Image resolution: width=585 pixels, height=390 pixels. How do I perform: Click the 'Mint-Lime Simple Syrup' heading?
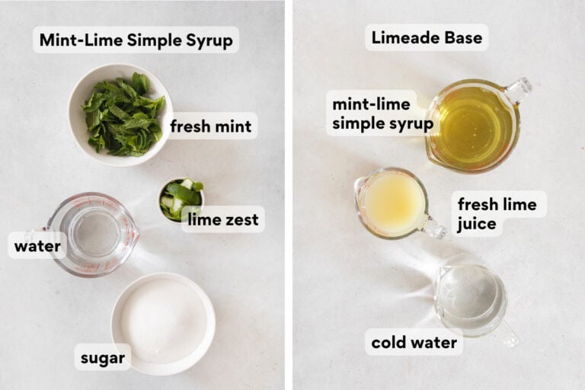click(136, 40)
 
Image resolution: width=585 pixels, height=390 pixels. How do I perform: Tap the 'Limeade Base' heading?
click(426, 37)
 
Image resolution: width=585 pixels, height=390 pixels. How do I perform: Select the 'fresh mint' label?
click(210, 126)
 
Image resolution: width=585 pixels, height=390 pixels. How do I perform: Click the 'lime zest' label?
click(223, 220)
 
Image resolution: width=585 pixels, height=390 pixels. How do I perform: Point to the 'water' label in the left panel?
click(37, 245)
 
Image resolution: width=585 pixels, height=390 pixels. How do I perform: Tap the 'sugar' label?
click(102, 357)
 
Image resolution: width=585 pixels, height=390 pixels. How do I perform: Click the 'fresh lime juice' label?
click(497, 214)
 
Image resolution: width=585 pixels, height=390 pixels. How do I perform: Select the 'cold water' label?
click(414, 343)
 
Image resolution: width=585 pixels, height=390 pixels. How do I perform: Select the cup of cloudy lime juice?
click(392, 203)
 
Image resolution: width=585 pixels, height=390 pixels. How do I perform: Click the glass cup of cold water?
click(469, 297)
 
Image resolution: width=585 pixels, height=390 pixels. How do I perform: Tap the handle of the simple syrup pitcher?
click(519, 89)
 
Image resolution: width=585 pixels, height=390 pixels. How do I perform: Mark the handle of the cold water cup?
click(506, 334)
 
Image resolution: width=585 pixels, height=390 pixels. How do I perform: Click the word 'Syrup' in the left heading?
click(208, 40)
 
